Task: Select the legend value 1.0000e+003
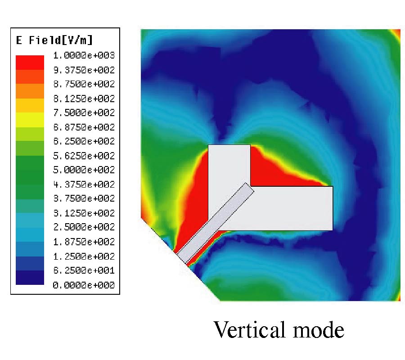(x=84, y=55)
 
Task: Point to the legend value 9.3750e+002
(x=84, y=70)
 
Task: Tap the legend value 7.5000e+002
(x=84, y=112)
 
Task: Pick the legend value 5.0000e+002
(x=84, y=170)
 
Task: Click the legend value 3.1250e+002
(x=84, y=213)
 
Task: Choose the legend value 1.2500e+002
(x=84, y=256)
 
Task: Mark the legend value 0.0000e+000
(x=84, y=285)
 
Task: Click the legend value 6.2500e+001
(x=84, y=270)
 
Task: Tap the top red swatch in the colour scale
(x=30, y=62)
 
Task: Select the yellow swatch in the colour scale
(x=30, y=120)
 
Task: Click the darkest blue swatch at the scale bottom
(x=30, y=278)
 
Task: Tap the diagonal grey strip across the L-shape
(x=216, y=223)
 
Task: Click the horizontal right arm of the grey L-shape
(x=292, y=208)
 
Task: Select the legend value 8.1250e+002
(x=84, y=99)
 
